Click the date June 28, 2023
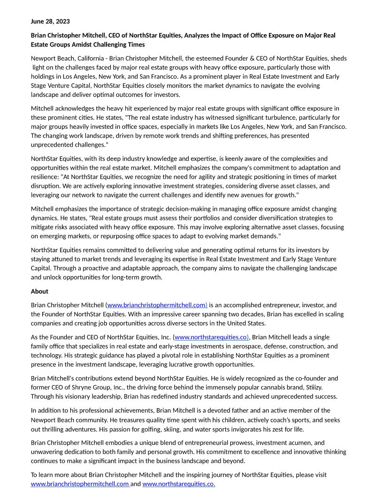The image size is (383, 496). pos(50,21)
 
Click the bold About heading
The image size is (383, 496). pos(39,291)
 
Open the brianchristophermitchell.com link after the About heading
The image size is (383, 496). pos(157,305)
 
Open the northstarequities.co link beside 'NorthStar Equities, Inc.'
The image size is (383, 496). pos(211,337)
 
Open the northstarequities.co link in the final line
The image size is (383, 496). pos(179,484)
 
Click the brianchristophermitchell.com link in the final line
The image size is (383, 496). pos(80,484)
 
